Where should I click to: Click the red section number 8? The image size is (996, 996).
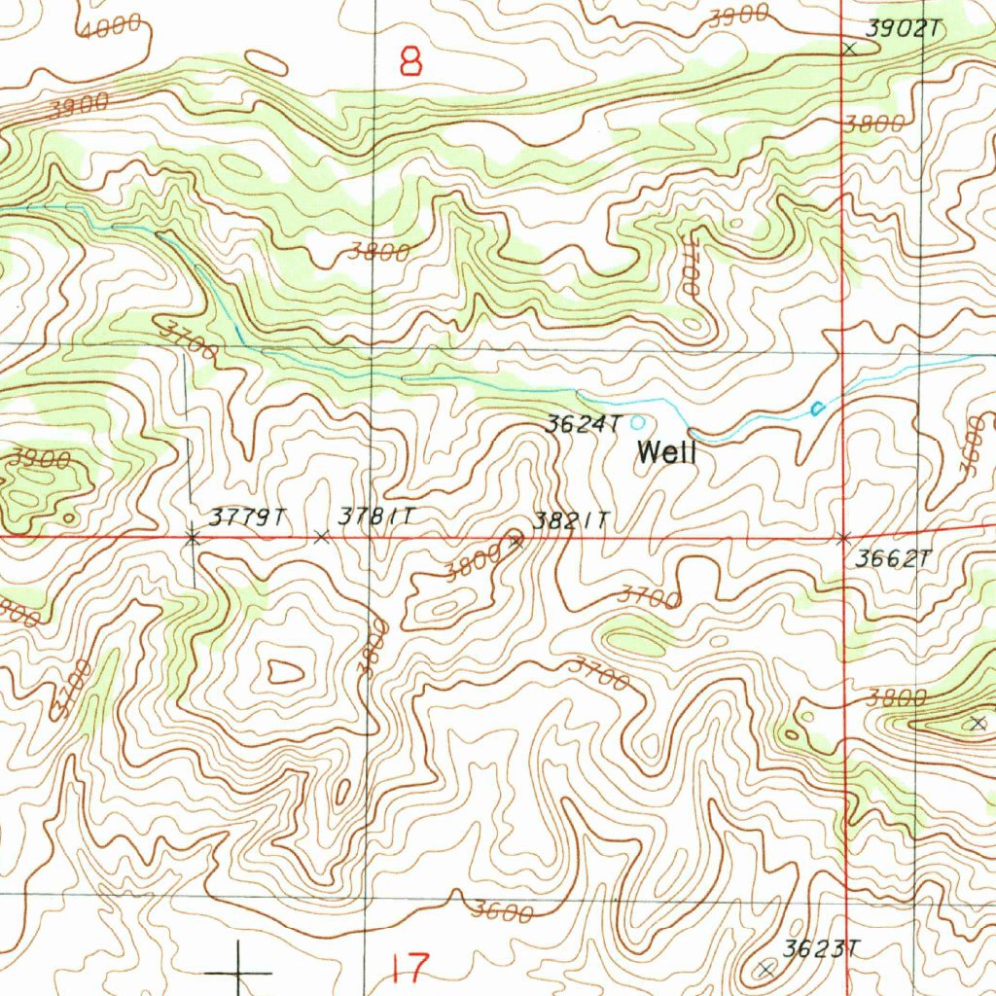click(411, 63)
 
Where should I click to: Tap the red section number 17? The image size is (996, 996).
click(410, 968)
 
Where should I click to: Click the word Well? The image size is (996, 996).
click(666, 452)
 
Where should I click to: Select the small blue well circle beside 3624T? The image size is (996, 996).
click(638, 422)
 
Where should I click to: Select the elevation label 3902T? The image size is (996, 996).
click(904, 29)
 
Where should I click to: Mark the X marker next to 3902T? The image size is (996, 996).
click(850, 48)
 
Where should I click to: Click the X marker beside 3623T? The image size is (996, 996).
click(765, 968)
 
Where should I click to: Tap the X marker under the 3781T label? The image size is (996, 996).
click(322, 536)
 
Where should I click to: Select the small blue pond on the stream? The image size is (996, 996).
click(817, 409)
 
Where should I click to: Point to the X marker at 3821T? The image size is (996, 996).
click(516, 541)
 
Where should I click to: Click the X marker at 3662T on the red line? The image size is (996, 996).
click(843, 537)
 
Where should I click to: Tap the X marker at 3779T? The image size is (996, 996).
click(193, 536)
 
